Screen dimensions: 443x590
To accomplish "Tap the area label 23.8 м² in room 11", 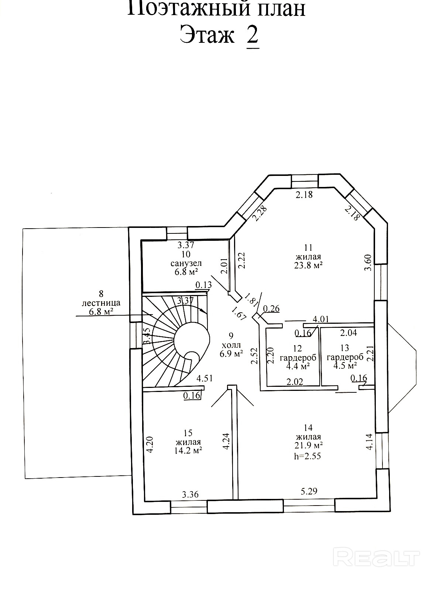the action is tap(309, 265).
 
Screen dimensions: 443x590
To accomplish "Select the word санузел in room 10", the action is tap(186, 263).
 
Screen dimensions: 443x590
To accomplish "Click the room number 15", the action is tap(188, 433).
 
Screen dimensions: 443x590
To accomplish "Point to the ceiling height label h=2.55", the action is tap(308, 456).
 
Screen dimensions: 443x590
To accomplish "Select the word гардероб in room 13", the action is tap(345, 357).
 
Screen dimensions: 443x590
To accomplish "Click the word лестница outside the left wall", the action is tap(101, 303).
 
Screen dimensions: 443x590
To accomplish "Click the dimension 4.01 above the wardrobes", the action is tap(320, 319).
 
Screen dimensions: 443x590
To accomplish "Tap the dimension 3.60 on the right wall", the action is tap(368, 263).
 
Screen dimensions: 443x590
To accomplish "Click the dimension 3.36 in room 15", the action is tap(190, 494).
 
